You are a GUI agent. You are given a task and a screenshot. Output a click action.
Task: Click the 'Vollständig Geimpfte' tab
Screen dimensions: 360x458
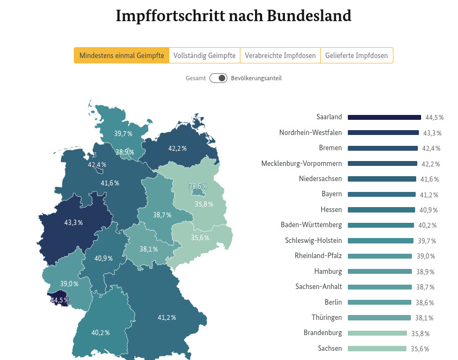[x=205, y=55]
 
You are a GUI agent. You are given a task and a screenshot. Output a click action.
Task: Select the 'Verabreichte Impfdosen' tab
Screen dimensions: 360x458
[x=280, y=55]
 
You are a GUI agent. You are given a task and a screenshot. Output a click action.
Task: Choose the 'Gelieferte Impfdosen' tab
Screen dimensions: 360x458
[x=357, y=55]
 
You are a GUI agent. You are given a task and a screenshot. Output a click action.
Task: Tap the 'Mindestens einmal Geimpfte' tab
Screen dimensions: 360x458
[x=122, y=55]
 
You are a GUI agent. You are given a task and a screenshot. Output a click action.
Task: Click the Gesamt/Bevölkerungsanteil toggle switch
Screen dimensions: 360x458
[x=218, y=78]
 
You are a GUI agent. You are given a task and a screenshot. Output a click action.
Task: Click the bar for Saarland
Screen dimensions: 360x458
[x=384, y=117]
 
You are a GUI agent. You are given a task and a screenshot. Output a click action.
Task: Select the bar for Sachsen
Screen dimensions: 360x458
[x=377, y=349]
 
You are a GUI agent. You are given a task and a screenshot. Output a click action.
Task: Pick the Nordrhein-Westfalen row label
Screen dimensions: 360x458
[x=310, y=132]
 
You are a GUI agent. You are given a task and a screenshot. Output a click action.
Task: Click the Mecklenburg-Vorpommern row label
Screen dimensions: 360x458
[x=302, y=163]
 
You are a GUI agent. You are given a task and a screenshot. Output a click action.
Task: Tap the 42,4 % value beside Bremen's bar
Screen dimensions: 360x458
[x=431, y=148]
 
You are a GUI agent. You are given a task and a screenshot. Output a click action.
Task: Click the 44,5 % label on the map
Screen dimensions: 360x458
[x=60, y=300]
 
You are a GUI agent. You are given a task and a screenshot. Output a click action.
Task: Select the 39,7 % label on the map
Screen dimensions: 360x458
[x=123, y=133]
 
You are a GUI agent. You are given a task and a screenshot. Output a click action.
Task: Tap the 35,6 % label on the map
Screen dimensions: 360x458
[x=200, y=237]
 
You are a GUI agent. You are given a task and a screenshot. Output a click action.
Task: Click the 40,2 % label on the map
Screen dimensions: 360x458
[x=100, y=332]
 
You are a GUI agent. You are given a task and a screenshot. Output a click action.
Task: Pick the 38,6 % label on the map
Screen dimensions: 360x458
[x=198, y=186]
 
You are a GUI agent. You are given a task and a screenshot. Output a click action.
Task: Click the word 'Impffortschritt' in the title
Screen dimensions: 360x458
[x=173, y=16]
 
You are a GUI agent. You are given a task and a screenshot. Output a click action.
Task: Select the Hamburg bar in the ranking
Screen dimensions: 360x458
[x=380, y=272]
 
